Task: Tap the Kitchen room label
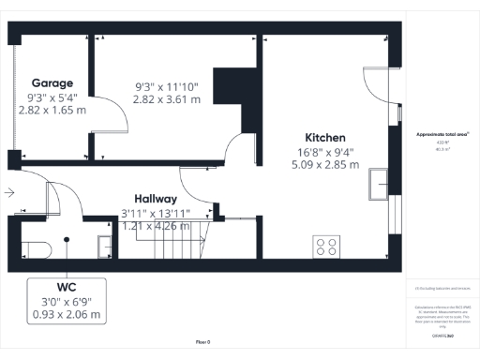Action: coord(324,137)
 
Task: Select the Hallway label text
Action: coord(155,199)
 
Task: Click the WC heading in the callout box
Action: coord(66,288)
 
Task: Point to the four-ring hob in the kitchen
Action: coord(327,247)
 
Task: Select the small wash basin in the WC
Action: coord(106,246)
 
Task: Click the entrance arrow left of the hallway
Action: coord(8,193)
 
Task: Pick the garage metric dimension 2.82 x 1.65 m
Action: coord(52,110)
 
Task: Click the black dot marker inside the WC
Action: coord(67,239)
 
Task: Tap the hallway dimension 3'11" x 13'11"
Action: coord(156,213)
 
